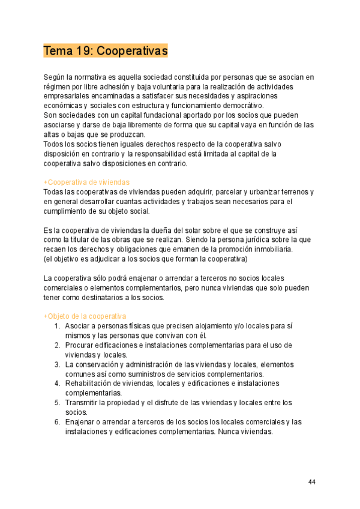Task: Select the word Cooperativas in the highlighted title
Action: pyautogui.click(x=132, y=51)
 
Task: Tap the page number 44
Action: pyautogui.click(x=312, y=482)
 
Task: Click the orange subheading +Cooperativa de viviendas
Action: pyautogui.click(x=86, y=182)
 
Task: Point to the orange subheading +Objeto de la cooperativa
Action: pyautogui.click(x=85, y=316)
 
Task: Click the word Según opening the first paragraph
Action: pyautogui.click(x=54, y=77)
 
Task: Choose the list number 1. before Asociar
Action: pyautogui.click(x=57, y=326)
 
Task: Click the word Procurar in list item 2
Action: pyautogui.click(x=82, y=345)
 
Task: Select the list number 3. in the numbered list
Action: pyautogui.click(x=57, y=364)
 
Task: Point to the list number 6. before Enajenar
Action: pyautogui.click(x=57, y=422)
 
